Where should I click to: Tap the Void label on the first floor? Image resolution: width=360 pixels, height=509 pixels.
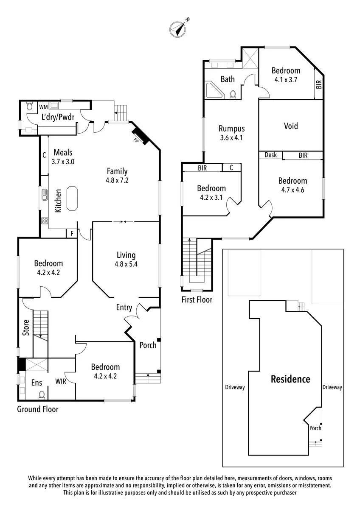click(291, 126)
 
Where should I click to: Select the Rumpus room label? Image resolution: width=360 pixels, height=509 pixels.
click(231, 129)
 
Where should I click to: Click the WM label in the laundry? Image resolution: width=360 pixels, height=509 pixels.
click(44, 107)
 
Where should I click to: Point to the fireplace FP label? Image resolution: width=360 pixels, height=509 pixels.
click(136, 140)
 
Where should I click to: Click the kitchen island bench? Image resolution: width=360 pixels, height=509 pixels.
click(72, 199)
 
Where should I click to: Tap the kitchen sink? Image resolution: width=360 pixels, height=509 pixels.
click(44, 195)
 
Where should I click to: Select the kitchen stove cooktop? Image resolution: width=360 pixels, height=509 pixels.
click(45, 221)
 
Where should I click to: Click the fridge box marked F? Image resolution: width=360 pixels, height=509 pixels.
click(72, 234)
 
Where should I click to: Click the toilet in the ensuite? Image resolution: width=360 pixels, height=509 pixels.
click(42, 395)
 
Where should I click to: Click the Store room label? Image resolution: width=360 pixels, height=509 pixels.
click(26, 327)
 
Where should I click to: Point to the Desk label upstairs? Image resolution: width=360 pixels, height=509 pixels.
click(270, 155)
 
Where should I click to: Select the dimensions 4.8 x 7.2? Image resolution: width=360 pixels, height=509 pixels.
click(117, 180)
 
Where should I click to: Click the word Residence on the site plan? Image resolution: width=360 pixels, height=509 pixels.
click(290, 379)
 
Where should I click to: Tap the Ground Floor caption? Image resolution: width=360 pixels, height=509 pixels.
click(38, 409)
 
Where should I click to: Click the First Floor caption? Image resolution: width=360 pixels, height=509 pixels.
click(197, 299)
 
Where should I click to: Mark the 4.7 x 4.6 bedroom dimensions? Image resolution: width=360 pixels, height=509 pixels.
click(292, 190)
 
